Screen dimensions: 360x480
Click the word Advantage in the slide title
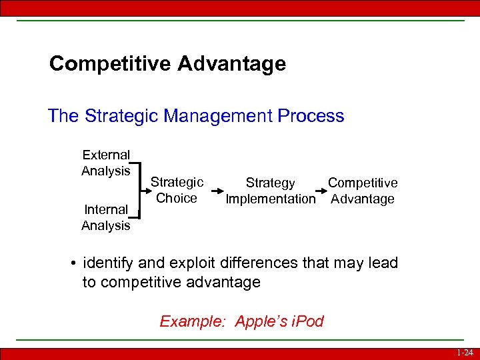tap(232, 64)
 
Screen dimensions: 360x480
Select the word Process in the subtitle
tap(312, 116)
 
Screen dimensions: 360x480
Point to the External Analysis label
tap(105, 163)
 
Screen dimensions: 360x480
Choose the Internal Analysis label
tap(105, 217)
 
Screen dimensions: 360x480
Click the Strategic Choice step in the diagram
tap(177, 190)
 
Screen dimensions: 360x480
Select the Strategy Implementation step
tap(270, 191)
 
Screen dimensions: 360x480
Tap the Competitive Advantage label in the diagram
tap(363, 191)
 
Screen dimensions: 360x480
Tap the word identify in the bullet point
tap(107, 263)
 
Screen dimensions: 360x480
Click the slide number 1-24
tap(466, 353)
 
